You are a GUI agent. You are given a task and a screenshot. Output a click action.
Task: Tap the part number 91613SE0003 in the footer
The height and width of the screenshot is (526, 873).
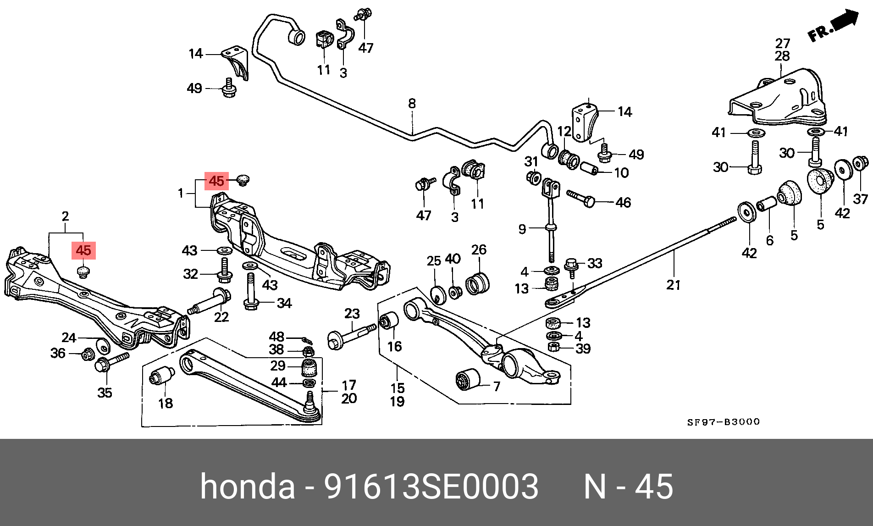[431, 487]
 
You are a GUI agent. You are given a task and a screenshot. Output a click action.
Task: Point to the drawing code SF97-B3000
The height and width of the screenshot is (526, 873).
[723, 422]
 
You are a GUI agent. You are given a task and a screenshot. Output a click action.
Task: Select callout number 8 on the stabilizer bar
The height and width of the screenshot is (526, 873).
[412, 104]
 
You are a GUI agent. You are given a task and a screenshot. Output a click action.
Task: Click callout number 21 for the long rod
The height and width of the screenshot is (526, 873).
[673, 285]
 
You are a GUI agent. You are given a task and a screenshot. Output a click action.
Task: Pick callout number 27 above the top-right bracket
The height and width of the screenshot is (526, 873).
[783, 43]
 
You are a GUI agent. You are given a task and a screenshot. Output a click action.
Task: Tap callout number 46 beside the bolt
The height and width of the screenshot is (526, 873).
[623, 202]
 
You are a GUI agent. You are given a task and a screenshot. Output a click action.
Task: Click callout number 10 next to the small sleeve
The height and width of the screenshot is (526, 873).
[621, 173]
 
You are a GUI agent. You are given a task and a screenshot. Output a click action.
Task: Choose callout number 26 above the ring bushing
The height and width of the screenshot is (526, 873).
[479, 249]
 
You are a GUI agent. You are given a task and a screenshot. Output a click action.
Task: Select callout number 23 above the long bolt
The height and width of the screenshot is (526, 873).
[352, 314]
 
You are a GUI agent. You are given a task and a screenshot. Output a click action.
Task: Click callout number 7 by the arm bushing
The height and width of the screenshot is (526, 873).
[497, 387]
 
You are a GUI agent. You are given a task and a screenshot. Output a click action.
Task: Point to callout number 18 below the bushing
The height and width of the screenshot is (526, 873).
[166, 403]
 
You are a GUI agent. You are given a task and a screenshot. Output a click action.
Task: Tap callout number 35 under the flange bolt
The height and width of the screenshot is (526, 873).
[105, 393]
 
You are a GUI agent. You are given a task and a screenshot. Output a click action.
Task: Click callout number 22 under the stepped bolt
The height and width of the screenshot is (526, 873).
[221, 317]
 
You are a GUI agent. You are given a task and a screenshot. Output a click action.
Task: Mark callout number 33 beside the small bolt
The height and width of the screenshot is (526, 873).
[594, 263]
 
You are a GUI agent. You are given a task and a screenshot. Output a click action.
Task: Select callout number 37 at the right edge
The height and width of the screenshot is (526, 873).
[860, 199]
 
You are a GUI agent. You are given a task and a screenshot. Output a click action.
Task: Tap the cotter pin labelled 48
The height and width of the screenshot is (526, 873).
[307, 340]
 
